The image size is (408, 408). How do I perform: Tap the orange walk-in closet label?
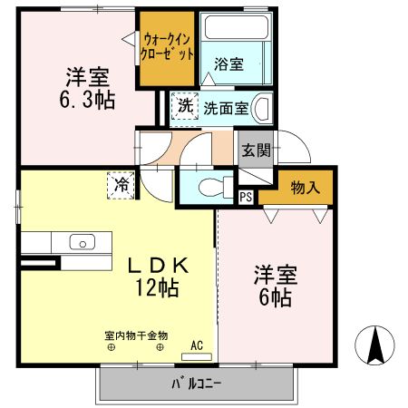168,47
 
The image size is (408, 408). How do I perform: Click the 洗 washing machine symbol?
184,105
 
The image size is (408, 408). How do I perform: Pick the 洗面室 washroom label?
224,106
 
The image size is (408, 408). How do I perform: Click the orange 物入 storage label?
305,188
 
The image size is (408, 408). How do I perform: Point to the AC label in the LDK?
197,345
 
